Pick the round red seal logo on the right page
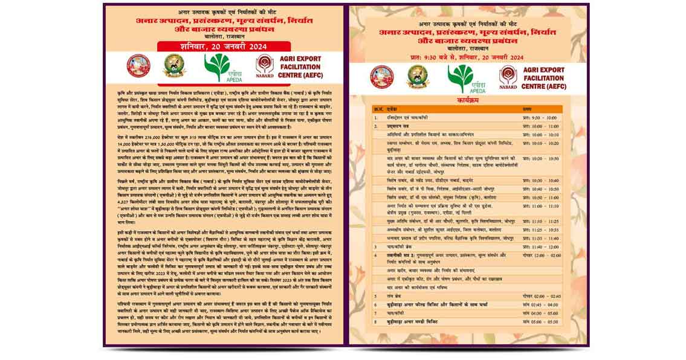coord(382,77)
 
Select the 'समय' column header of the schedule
coord(526,109)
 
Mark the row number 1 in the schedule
coord(375,118)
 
